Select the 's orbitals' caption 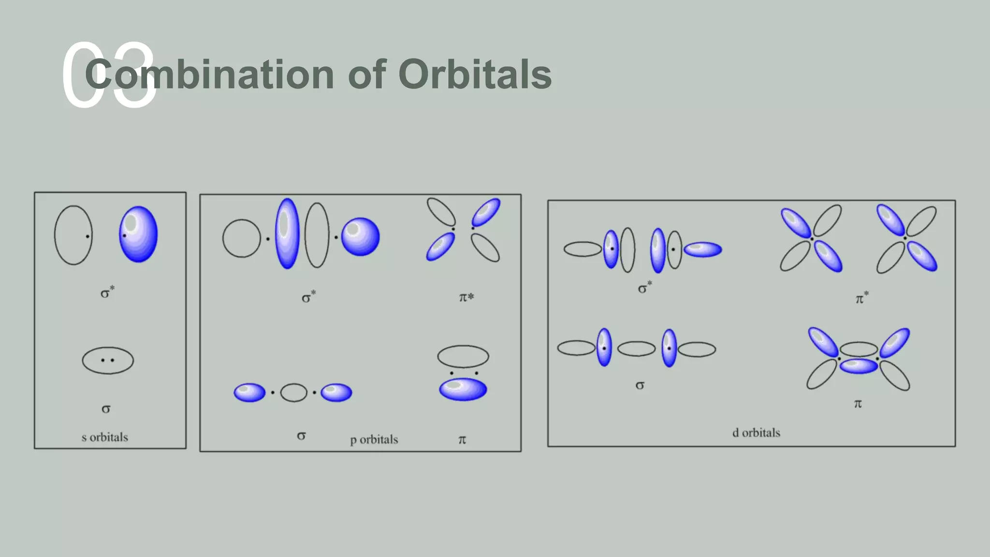click(x=105, y=438)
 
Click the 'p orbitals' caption click(x=374, y=440)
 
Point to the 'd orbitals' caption click(x=756, y=433)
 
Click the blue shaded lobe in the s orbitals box click(x=139, y=235)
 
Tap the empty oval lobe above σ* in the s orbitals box click(x=73, y=235)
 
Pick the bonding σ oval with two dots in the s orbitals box click(x=108, y=360)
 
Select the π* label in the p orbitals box click(x=466, y=297)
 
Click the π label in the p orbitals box click(x=462, y=440)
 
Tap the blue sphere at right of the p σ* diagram click(x=361, y=236)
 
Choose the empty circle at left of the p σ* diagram click(x=241, y=238)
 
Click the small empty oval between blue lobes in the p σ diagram click(x=293, y=393)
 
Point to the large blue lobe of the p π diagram click(x=463, y=389)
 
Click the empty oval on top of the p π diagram click(x=463, y=357)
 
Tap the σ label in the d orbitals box click(x=640, y=385)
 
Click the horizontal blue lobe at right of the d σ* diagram click(x=703, y=249)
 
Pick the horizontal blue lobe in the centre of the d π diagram click(x=859, y=366)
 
